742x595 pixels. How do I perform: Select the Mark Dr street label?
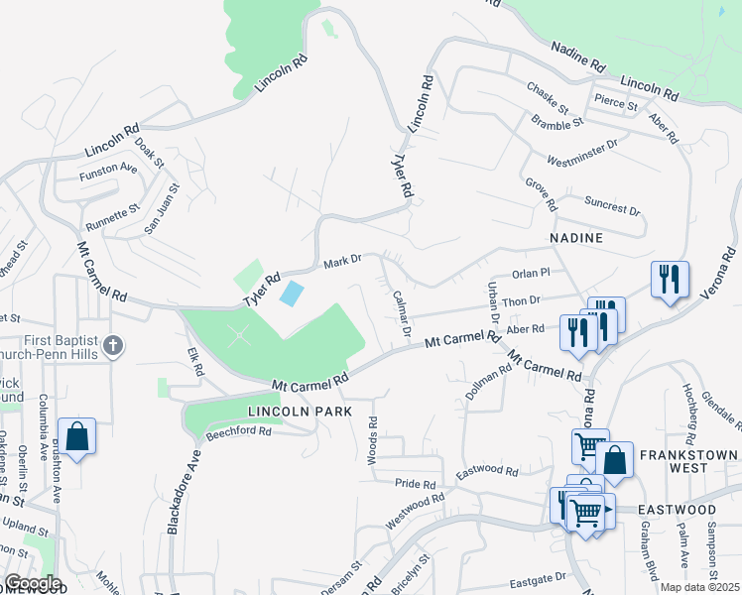click(343, 263)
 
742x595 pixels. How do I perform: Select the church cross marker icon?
click(115, 346)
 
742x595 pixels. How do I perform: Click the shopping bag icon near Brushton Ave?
click(76, 437)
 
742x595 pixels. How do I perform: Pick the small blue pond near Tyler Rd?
click(292, 294)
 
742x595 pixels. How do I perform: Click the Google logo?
click(32, 583)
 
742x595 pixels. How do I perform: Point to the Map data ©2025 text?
click(699, 587)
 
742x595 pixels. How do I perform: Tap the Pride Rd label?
click(416, 485)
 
